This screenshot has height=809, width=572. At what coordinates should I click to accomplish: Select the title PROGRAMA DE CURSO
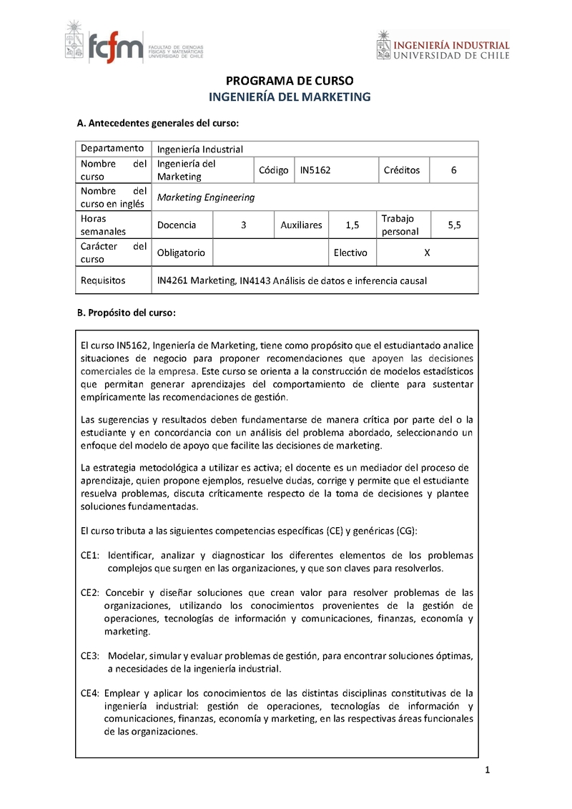coord(290,81)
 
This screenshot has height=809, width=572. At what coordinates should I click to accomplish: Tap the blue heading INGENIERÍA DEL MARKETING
coord(290,97)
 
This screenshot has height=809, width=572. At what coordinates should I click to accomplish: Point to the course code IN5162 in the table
coord(315,170)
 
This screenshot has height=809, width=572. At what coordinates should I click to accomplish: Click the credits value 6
coord(453,170)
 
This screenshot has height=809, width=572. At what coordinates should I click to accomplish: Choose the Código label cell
coord(274,170)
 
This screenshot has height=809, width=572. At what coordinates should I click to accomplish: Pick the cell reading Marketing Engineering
coord(206,197)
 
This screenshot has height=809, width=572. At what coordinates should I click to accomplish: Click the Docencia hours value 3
coord(244,225)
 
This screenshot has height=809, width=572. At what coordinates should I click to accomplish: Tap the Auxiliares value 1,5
coord(352,225)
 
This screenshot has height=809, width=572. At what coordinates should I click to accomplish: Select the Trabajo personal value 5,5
coord(454,225)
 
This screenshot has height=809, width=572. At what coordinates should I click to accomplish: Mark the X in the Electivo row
coord(427,252)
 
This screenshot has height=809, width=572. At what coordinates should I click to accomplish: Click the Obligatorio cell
coord(181,252)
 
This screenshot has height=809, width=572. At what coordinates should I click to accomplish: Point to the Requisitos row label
coord(103,280)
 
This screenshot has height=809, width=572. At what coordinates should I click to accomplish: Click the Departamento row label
coord(112,148)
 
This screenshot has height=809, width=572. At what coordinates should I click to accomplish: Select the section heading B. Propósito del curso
coord(126,313)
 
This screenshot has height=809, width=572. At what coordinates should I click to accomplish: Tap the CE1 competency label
coord(89,556)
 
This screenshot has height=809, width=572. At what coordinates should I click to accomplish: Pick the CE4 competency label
coord(89,693)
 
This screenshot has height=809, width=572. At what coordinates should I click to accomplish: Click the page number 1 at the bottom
coord(486,770)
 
